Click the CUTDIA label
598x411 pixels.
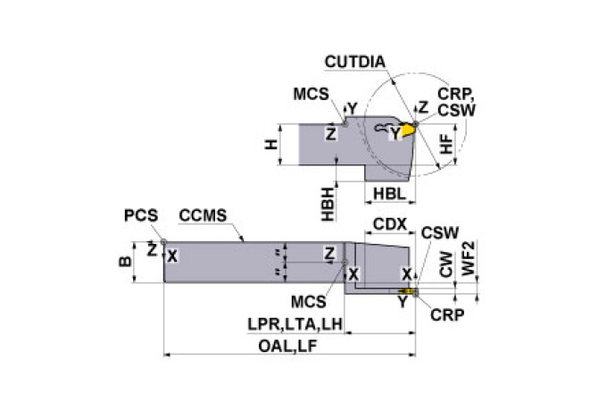355,62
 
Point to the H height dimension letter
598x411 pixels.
271,144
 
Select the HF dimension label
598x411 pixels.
449,144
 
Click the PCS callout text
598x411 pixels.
141,215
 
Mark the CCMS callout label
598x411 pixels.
203,215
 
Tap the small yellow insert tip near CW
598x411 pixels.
410,291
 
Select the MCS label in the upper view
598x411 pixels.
310,94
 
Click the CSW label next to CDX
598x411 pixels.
439,232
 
